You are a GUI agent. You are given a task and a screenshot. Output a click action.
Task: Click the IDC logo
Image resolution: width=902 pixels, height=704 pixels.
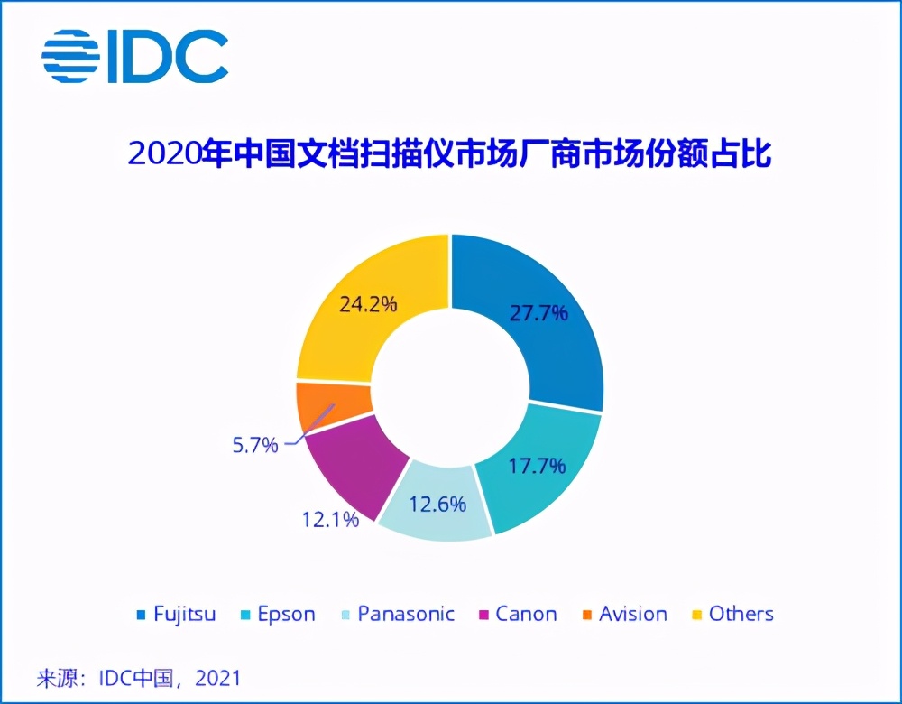point(134,57)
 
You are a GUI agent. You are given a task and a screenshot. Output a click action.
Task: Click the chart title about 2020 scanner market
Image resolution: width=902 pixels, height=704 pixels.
point(450,154)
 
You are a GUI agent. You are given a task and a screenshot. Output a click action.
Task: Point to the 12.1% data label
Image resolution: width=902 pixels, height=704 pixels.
point(329,519)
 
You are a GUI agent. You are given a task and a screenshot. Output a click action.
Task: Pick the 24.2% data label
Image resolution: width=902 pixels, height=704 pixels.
point(367,304)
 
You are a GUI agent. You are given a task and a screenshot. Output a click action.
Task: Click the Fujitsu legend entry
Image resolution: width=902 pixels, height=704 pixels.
point(175,615)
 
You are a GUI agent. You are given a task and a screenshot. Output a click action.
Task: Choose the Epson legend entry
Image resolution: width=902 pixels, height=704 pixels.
point(275,615)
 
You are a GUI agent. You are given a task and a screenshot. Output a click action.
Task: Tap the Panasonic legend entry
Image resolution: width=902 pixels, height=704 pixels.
point(396,615)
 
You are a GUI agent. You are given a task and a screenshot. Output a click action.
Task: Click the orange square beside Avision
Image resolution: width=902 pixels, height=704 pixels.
point(586,616)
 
